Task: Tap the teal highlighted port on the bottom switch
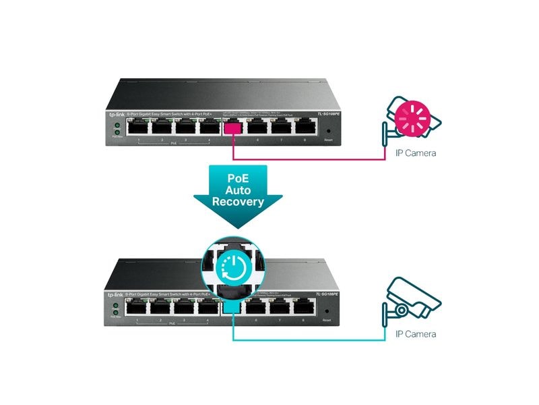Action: (232, 307)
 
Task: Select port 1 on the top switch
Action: (138, 126)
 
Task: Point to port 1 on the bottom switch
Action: (138, 307)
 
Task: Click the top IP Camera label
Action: (415, 153)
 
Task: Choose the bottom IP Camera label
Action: (415, 334)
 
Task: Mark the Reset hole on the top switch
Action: (328, 130)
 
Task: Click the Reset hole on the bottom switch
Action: (328, 311)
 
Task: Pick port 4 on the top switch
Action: (209, 126)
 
